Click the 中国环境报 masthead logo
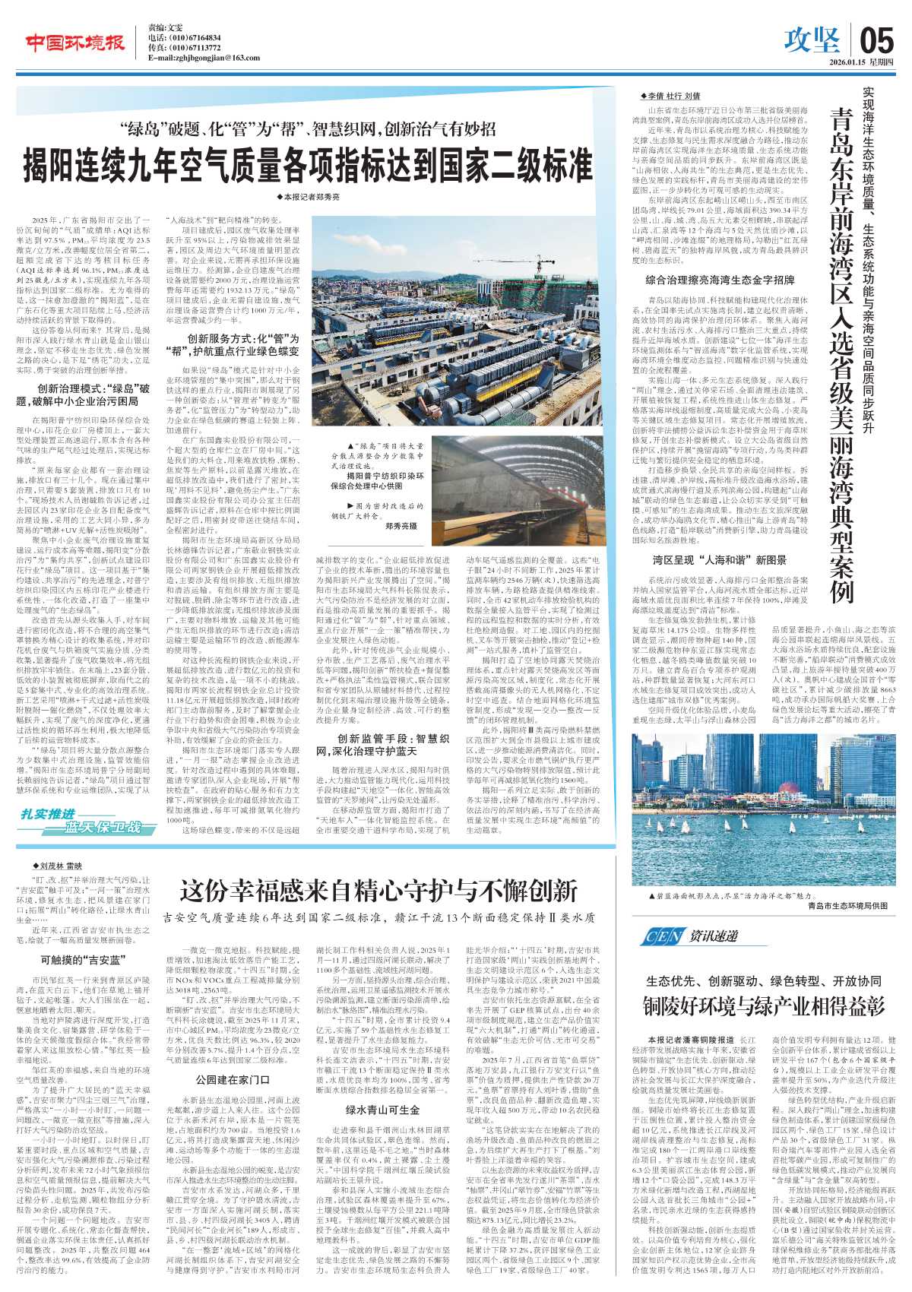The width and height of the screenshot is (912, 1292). (x=75, y=44)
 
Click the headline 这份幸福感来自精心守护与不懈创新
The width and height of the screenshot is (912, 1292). (x=378, y=891)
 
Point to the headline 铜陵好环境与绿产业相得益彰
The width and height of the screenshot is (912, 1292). (x=765, y=1007)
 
